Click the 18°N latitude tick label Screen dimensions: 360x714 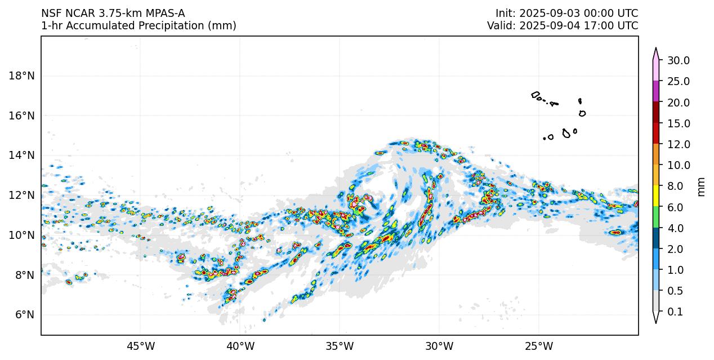click(23, 75)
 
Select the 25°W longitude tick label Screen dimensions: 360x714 click(539, 346)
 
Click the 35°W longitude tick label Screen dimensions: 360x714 click(340, 346)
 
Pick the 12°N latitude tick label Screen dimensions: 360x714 click(23, 195)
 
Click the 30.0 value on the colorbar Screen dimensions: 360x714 click(679, 60)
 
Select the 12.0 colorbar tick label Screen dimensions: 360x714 click(679, 144)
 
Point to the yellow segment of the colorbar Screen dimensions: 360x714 click(656, 196)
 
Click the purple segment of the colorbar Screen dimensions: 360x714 click(656, 91)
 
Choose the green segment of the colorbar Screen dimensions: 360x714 click(656, 217)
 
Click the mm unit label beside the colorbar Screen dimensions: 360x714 click(701, 186)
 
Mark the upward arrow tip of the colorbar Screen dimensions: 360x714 click(656, 49)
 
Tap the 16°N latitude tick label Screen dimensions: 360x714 click(23, 115)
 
